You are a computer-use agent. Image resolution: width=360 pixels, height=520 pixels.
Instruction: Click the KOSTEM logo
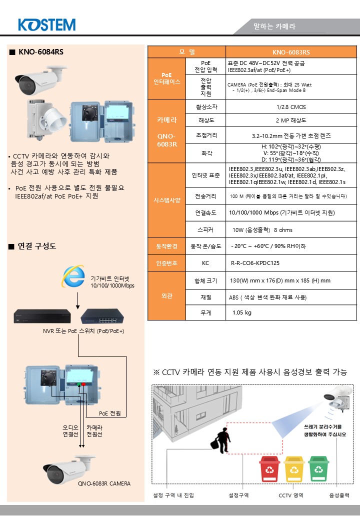pos(46,25)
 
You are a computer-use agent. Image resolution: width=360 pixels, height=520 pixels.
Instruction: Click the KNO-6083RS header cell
pos(291,52)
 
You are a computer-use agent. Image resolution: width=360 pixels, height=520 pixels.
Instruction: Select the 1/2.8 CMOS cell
pos(291,107)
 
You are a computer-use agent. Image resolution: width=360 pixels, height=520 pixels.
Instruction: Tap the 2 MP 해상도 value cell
pos(291,120)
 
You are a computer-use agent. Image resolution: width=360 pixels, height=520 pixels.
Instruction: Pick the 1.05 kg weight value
pos(242,312)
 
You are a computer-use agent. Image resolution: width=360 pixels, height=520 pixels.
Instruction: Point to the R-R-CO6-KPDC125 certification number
pos(255,263)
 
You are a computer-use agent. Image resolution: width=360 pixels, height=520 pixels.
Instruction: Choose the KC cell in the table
pos(205,263)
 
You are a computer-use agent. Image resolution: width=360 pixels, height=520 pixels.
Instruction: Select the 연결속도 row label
pos(205,212)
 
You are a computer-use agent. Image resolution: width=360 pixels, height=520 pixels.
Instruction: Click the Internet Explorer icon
pos(73,276)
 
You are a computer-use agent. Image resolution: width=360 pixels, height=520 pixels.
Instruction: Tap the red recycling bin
pos(270,468)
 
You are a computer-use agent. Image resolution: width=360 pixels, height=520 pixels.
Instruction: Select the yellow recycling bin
pos(294,468)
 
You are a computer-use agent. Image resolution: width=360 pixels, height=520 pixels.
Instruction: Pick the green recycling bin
pos(318,468)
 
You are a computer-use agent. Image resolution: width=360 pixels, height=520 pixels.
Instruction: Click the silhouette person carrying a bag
pos(221,440)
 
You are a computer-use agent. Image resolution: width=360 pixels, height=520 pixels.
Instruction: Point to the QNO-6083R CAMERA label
pos(104,483)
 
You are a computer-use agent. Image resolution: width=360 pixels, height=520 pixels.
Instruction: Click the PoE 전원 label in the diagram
pos(109,413)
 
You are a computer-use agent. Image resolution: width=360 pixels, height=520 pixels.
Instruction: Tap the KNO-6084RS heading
pos(41,51)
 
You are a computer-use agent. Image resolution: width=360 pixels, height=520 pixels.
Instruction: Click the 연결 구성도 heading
pos(37,245)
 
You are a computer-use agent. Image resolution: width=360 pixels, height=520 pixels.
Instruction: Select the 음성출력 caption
pos(339,495)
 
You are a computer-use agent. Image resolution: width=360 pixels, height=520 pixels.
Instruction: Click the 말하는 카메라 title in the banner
pos(274,26)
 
